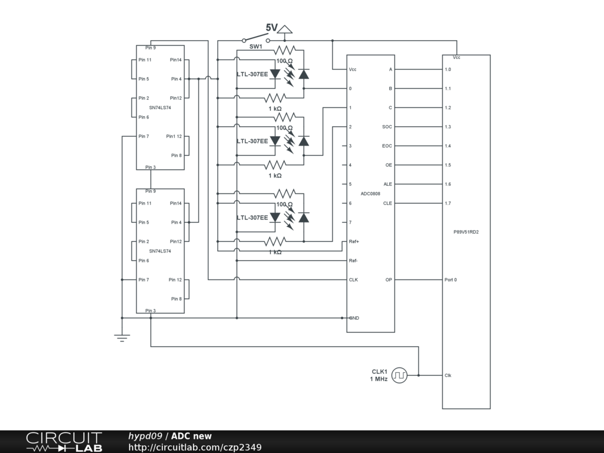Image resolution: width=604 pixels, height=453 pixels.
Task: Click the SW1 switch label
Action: (255, 47)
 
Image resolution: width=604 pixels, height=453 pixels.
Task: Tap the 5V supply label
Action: (271, 28)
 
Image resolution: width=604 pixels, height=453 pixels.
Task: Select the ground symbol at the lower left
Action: (122, 337)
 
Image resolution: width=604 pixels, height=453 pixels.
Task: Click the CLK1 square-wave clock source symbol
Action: (399, 375)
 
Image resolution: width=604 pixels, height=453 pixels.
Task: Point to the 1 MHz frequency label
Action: (379, 379)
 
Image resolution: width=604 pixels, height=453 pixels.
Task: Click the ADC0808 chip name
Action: (370, 193)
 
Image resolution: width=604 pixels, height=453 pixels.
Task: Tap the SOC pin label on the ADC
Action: (387, 127)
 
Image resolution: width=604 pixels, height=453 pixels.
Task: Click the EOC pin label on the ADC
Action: (387, 146)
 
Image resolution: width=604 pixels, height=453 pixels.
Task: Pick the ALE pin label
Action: (388, 184)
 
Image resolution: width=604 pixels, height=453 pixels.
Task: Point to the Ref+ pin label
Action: (354, 241)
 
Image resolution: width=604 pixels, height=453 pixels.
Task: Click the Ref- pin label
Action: (353, 260)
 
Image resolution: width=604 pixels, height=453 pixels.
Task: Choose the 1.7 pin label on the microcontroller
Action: (448, 203)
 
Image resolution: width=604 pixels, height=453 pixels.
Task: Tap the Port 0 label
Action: (451, 280)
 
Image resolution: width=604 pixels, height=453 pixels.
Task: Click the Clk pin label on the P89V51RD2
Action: (448, 375)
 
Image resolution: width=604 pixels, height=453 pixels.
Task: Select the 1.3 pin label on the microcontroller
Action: (448, 127)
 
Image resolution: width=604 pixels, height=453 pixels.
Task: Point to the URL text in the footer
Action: (195, 448)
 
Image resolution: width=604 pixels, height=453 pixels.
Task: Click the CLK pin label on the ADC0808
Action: (353, 280)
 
